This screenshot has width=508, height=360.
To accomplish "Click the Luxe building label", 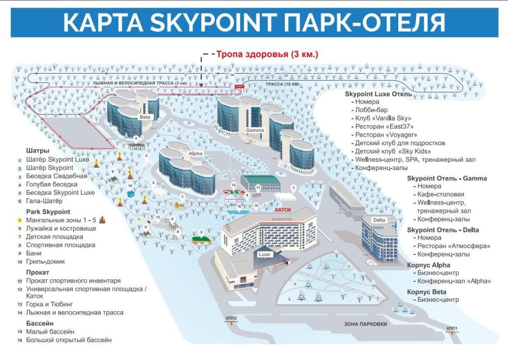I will (264, 254).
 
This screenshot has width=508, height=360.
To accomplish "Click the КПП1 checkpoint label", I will (452, 329).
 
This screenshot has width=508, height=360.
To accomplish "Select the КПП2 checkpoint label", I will (232, 318).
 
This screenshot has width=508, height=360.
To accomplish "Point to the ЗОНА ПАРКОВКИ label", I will (365, 323).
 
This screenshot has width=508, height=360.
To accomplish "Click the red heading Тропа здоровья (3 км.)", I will (267, 54).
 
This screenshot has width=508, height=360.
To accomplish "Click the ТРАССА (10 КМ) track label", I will (282, 84).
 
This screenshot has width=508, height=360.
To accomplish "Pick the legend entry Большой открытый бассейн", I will (69, 340).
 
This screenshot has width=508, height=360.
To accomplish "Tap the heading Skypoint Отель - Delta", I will (443, 230).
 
